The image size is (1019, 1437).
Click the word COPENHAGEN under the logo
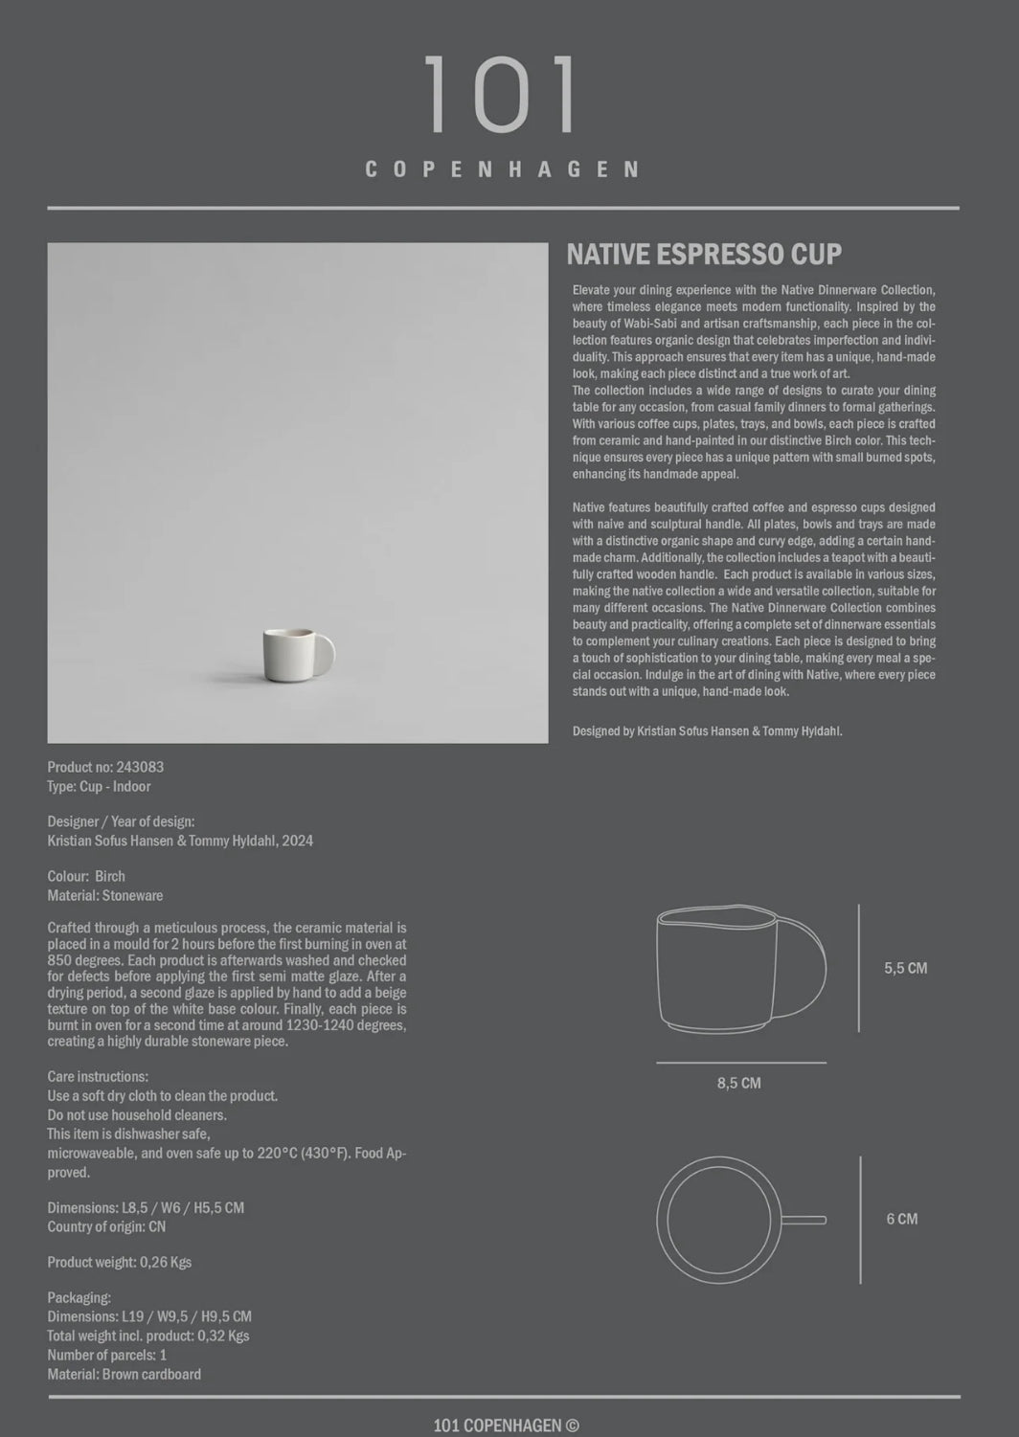coord(502,170)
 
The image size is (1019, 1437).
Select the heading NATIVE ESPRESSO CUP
coord(704,255)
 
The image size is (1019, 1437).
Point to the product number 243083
coord(139,767)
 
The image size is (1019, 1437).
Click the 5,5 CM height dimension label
coord(905,968)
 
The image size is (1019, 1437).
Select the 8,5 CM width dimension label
coord(738,1083)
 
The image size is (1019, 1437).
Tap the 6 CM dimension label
coord(901,1219)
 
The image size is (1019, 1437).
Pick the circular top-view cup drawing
coord(718,1220)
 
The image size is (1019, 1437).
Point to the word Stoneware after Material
coord(132,896)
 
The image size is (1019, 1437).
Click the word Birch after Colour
coord(110,876)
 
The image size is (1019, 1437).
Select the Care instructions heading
coord(98,1077)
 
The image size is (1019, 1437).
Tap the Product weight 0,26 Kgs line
coord(120,1262)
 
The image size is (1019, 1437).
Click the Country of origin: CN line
coord(106,1226)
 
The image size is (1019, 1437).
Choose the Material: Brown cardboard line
coord(125,1374)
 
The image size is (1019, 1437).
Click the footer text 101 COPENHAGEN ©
coord(506,1426)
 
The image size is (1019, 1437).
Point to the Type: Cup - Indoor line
coord(99,786)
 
